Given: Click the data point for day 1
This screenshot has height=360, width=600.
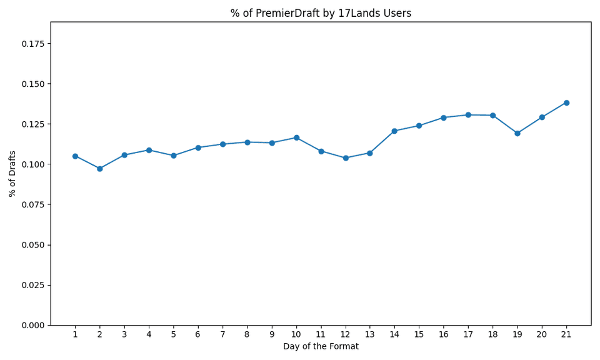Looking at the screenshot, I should tap(75, 156).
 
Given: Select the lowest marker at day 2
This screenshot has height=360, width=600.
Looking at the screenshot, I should tap(99, 169).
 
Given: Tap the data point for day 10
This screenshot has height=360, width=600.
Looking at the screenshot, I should tap(296, 137).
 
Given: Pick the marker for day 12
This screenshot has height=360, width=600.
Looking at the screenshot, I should tap(346, 158).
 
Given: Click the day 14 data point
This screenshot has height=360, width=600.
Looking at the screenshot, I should tap(394, 131).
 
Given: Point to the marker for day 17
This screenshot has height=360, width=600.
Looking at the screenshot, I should tap(468, 115).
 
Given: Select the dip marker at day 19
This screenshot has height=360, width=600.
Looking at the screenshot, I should tap(517, 133).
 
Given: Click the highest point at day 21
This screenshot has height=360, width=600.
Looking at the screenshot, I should tap(566, 102).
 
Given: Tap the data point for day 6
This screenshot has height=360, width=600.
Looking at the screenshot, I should tap(198, 147).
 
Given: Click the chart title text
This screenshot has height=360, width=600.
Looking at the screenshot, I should tap(321, 13).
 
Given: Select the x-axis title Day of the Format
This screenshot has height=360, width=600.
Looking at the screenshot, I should tap(321, 346).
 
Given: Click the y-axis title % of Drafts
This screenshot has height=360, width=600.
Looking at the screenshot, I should tap(12, 174).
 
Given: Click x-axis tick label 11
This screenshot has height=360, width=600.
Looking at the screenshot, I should tap(321, 334).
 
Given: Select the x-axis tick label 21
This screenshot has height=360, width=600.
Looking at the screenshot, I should tap(566, 334).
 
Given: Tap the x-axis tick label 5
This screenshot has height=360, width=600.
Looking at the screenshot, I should tap(173, 334).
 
